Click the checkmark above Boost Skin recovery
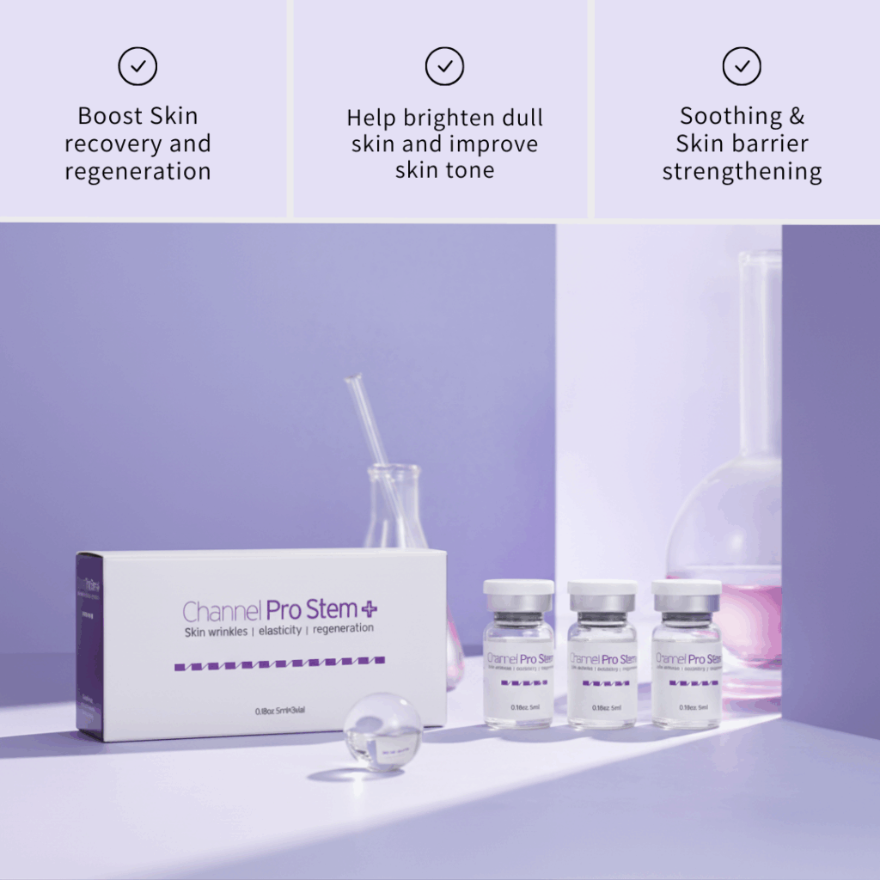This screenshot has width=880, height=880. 137,67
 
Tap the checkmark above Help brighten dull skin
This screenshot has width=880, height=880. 444,67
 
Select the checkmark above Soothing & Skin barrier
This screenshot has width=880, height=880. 741,67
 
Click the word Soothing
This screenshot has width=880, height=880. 730,116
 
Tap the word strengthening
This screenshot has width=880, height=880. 742,171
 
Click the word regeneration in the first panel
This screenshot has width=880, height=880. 137,171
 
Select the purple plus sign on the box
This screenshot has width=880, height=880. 369,608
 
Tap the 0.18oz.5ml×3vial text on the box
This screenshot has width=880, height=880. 281,711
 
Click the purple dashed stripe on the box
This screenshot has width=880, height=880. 279,663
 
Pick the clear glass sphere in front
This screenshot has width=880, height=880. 383,730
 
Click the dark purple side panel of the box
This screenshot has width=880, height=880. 89,645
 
